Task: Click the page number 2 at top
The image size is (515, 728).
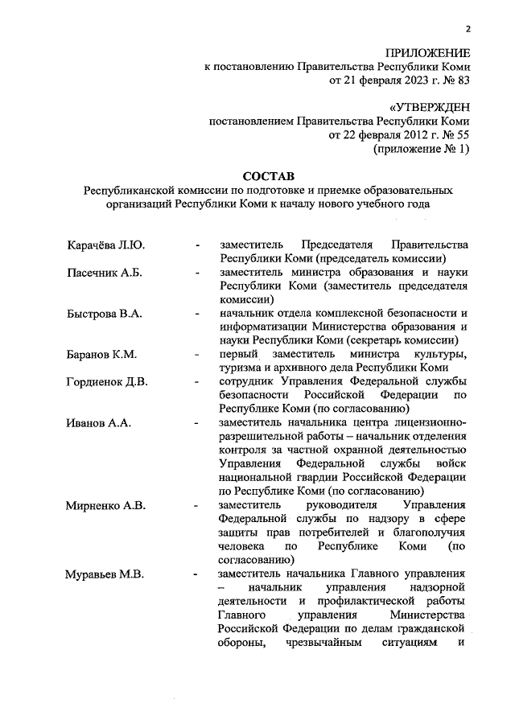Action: click(x=467, y=30)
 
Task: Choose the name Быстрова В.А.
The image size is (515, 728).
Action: click(x=104, y=314)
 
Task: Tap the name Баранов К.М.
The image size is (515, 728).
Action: click(x=101, y=354)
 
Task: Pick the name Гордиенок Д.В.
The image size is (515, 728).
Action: click(x=106, y=381)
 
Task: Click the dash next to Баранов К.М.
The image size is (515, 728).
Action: click(x=196, y=355)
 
